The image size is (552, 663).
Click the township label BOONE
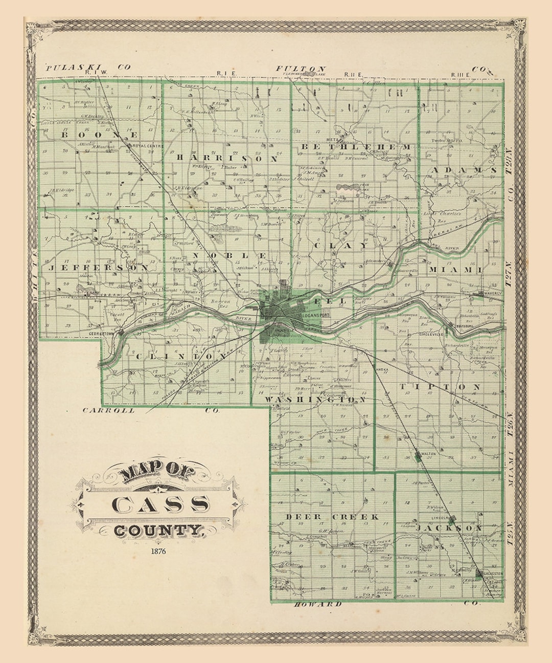pyautogui.click(x=100, y=135)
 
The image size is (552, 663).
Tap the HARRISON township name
pyautogui.click(x=227, y=159)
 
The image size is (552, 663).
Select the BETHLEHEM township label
pyautogui.click(x=356, y=147)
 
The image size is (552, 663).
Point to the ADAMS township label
pyautogui.click(x=463, y=169)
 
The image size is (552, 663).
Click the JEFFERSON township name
pyautogui.click(x=97, y=267)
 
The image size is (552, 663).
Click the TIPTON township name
pyautogui.click(x=440, y=387)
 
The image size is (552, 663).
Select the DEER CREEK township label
pyautogui.click(x=332, y=517)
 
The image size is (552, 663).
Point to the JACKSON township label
pyautogui.click(x=449, y=527)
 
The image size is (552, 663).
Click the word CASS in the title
pyautogui.click(x=160, y=504)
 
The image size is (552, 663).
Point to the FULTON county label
pyautogui.click(x=301, y=68)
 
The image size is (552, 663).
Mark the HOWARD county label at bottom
pyautogui.click(x=317, y=605)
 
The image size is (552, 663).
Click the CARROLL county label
pyautogui.click(x=109, y=410)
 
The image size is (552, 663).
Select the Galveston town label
pyautogui.click(x=493, y=573)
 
